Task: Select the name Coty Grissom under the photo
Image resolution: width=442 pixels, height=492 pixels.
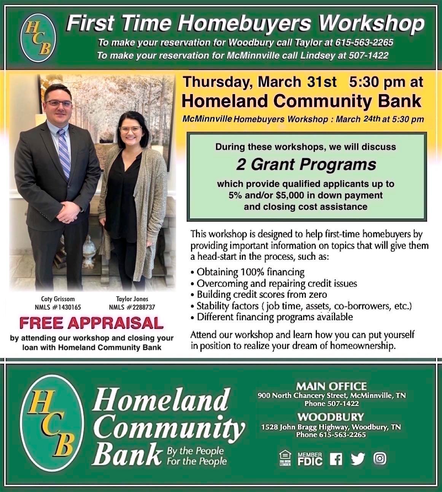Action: coord(58,299)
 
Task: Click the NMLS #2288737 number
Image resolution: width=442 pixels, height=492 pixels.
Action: coord(132,307)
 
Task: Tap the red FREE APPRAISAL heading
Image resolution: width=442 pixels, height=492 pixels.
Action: coord(91,323)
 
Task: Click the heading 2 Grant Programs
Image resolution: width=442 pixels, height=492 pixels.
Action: coord(306,165)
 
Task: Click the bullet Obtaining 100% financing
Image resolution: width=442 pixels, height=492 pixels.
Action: coord(248,272)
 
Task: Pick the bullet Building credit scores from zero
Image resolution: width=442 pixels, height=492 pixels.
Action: coord(259,294)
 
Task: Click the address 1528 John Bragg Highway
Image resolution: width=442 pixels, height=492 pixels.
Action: coord(305,427)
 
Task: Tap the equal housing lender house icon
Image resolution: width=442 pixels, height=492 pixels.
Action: coord(285,458)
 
